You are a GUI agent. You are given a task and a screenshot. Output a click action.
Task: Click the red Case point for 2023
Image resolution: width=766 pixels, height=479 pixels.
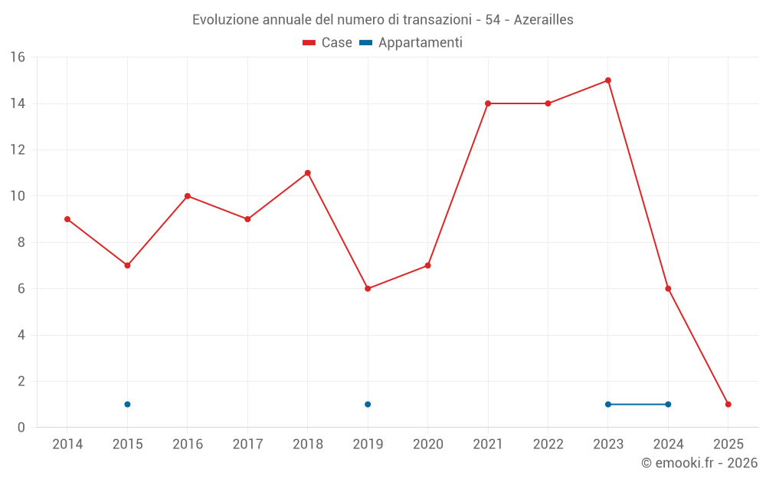click(608, 80)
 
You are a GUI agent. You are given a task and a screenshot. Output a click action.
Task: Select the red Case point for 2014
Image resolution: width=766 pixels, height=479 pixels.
click(67, 219)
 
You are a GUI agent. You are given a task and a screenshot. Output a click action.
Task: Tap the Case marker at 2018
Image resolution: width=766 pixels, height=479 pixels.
click(308, 173)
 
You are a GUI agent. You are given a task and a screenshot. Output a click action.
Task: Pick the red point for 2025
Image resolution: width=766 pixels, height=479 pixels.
click(728, 405)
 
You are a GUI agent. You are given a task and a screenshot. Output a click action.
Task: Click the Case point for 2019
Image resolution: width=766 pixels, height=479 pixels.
click(368, 289)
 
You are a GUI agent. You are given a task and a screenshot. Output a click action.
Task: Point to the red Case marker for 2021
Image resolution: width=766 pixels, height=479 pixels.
click(488, 103)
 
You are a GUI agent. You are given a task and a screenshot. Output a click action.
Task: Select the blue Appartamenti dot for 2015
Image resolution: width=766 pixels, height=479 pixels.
click(127, 405)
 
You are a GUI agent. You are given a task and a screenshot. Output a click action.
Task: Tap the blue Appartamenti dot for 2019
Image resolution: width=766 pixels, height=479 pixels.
click(368, 405)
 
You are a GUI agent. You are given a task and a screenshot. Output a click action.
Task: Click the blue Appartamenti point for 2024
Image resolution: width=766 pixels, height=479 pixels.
click(668, 405)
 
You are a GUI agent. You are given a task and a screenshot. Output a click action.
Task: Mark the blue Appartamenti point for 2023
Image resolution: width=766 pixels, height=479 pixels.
click(608, 405)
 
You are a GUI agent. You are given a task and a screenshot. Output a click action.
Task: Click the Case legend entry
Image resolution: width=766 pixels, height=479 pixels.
click(328, 43)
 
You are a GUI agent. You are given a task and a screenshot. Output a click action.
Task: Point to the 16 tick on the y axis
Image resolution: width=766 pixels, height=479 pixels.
click(18, 57)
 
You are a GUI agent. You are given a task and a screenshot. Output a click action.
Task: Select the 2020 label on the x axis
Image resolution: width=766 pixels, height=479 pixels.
click(427, 445)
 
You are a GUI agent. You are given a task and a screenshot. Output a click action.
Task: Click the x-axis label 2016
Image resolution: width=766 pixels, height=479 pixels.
click(188, 445)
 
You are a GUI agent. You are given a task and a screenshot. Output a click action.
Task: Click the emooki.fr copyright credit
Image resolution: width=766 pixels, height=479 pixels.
click(699, 463)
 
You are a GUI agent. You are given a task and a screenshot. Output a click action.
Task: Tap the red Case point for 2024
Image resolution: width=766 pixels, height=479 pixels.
click(668, 289)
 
